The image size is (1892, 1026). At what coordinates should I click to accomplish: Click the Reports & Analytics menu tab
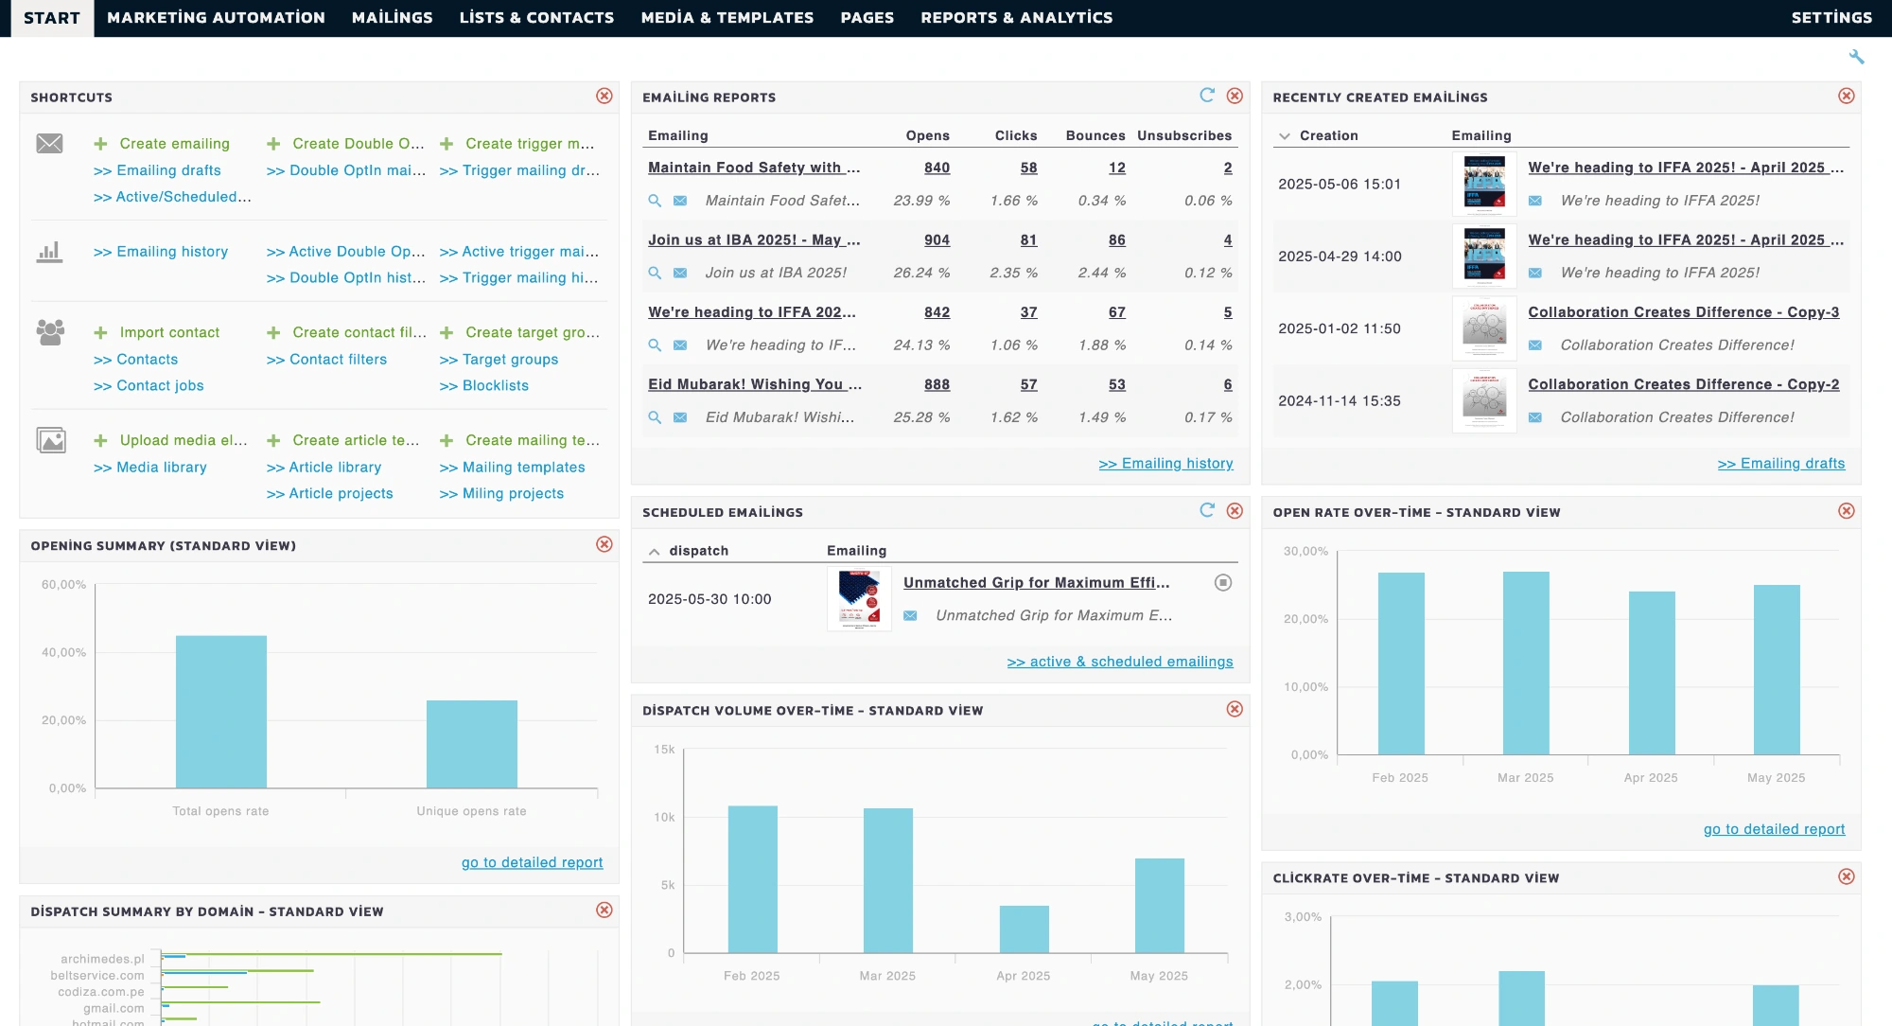coord(1016,17)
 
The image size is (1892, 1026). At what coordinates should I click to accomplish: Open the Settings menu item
coord(1831,17)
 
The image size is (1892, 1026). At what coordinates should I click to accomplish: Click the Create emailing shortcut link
coord(174,144)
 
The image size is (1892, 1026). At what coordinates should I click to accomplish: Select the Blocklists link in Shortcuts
coord(495,386)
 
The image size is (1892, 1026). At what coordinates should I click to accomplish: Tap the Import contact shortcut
coord(169,333)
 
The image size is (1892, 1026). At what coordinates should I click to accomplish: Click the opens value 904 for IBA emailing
coord(937,240)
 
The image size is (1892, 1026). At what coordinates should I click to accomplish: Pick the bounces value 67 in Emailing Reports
coord(1116,312)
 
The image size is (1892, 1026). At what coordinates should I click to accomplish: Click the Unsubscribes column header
coord(1183,135)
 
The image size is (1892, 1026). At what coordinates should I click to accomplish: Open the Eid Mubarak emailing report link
coord(754,384)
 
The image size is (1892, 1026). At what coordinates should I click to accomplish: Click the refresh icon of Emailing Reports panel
coord(1206,96)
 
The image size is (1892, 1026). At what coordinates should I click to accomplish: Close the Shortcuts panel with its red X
coord(604,96)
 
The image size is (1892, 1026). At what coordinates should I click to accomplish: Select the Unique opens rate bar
coord(471,743)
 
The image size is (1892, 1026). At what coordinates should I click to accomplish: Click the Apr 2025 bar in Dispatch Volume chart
coord(1024,929)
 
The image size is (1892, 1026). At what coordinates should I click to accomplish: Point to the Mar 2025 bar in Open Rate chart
coord(1525,663)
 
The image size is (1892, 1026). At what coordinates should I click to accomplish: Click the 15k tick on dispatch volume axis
coord(664,750)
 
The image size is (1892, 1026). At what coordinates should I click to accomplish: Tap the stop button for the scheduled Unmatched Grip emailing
coord(1222,583)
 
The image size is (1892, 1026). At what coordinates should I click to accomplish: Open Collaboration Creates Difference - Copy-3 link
coord(1683,312)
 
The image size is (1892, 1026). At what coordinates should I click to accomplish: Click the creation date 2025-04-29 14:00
coord(1339,256)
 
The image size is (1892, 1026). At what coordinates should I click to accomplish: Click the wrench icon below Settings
coord(1856,58)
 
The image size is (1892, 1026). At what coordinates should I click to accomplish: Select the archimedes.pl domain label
coord(102,959)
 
